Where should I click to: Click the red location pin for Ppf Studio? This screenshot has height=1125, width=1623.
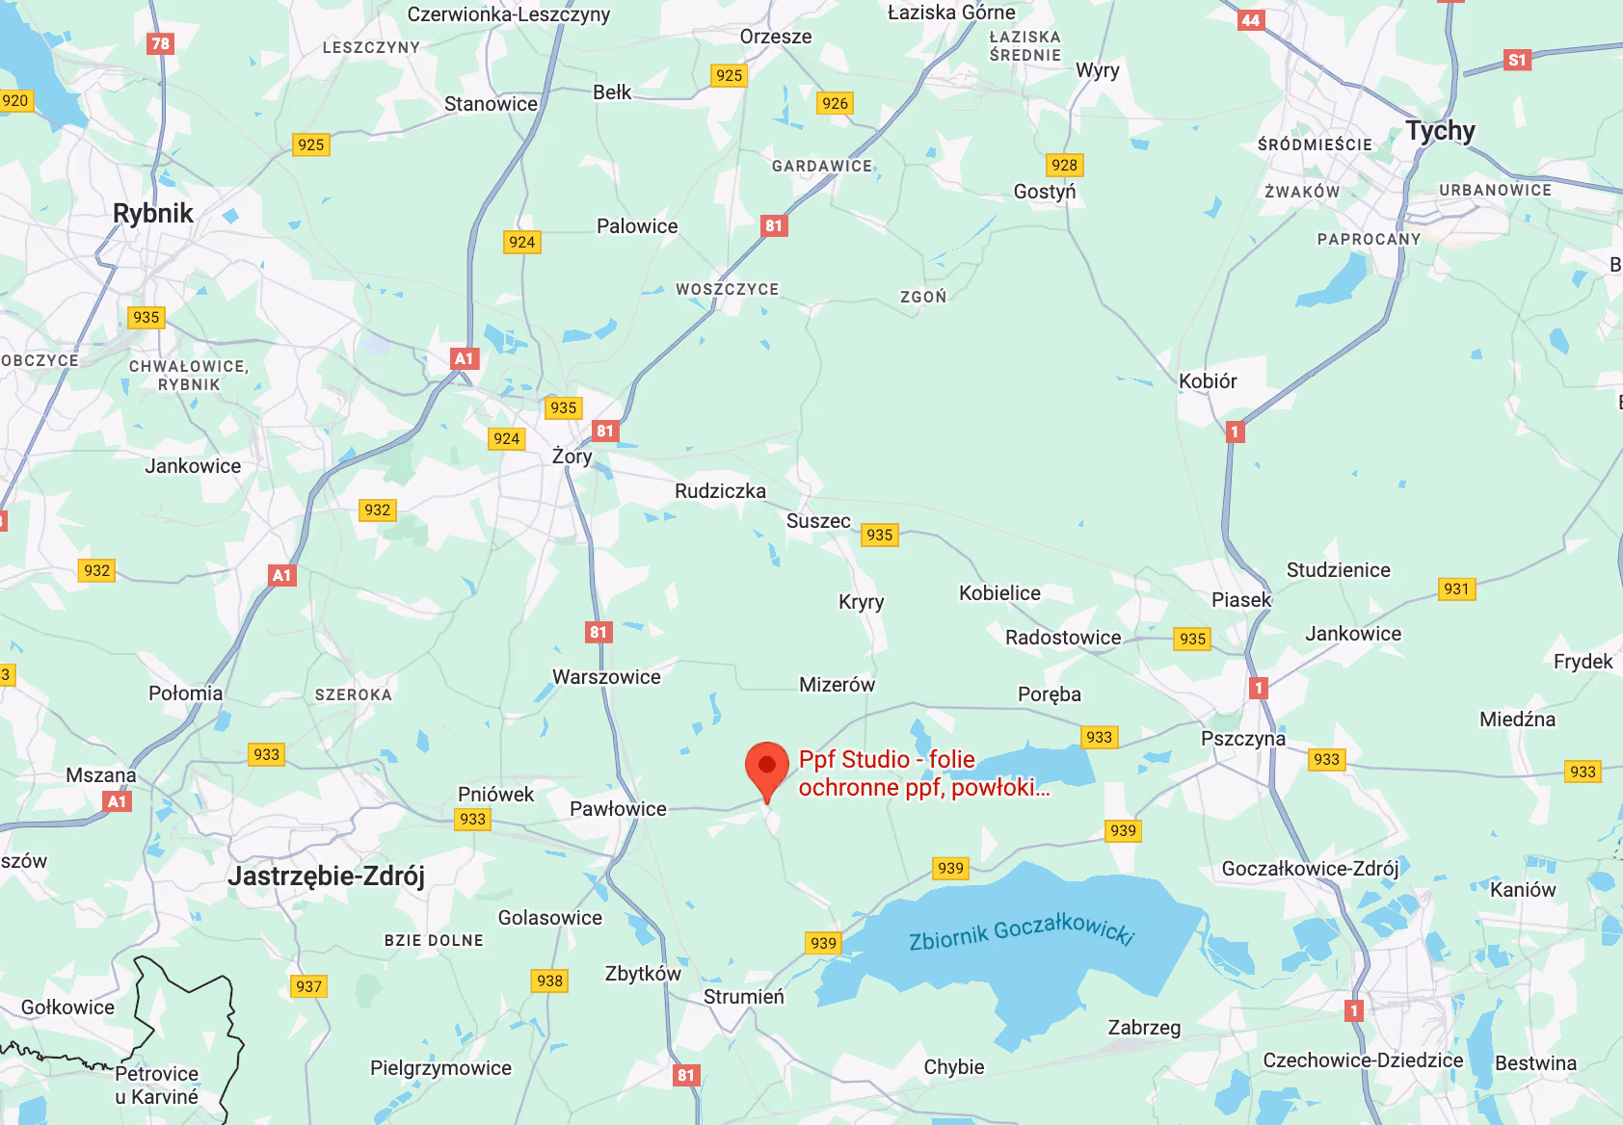click(x=767, y=767)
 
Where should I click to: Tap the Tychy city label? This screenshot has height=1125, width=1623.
click(x=1440, y=130)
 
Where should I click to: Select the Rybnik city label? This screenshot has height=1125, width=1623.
click(x=153, y=213)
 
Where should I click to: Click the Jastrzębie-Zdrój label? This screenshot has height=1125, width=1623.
click(x=326, y=876)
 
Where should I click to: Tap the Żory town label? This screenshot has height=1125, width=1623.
click(x=572, y=456)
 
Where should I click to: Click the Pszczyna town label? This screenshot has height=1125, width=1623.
click(x=1242, y=738)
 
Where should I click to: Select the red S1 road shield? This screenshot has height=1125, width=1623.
click(x=1517, y=60)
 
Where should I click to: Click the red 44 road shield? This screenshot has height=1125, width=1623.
click(x=1251, y=20)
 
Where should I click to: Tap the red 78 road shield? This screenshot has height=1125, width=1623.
click(x=161, y=43)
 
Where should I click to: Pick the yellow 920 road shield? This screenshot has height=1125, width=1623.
click(x=15, y=100)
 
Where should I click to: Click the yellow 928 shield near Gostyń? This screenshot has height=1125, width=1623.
click(x=1064, y=165)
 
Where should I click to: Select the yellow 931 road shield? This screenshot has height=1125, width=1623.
click(x=1456, y=589)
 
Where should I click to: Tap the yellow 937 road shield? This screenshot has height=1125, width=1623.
click(x=308, y=986)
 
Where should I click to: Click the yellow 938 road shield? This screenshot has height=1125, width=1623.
click(x=549, y=981)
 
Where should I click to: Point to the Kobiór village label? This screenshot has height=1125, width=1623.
click(x=1208, y=380)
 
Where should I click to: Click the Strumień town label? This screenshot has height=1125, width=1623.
click(x=743, y=997)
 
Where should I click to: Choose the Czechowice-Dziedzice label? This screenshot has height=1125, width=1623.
click(x=1363, y=1060)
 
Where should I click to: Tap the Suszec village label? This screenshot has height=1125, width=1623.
click(x=818, y=521)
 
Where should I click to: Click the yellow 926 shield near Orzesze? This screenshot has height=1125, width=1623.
click(x=835, y=103)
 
